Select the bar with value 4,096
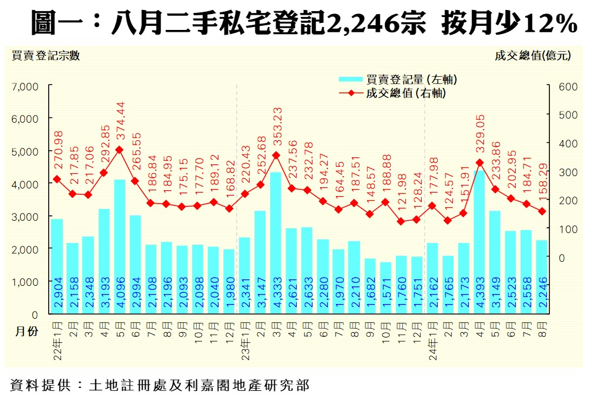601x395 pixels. tap(120, 247)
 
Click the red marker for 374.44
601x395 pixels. tap(120, 150)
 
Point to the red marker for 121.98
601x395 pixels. tap(401, 222)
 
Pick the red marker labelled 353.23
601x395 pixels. tap(276, 156)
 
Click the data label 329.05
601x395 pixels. tap(479, 136)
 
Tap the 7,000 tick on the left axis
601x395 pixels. tap(25, 86)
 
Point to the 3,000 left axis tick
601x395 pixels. tap(25, 217)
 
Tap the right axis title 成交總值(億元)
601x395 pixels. tap(532, 56)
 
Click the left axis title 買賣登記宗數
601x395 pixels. tap(45, 56)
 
